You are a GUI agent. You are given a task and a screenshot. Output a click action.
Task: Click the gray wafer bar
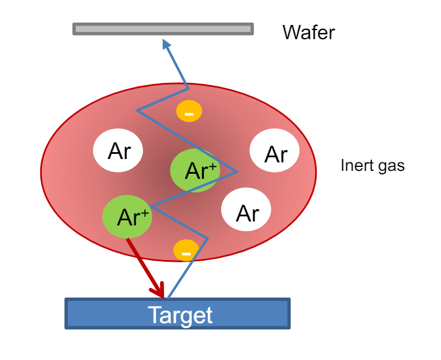click(163, 28)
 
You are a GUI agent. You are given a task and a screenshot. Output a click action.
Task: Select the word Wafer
click(309, 32)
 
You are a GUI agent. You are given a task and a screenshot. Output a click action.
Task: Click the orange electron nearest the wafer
click(189, 112)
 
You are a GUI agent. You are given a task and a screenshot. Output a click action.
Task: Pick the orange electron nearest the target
click(186, 250)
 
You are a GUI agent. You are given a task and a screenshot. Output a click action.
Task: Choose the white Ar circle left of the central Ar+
click(119, 151)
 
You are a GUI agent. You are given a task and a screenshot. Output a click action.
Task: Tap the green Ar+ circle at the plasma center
click(195, 170)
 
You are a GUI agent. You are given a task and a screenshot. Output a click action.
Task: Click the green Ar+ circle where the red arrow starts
click(127, 216)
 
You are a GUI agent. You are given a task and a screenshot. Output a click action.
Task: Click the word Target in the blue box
click(180, 315)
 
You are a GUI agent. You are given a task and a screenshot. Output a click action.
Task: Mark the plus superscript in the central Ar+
click(213, 165)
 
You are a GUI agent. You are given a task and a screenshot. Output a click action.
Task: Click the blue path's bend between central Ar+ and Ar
click(237, 172)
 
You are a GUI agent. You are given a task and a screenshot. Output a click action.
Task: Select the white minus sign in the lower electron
click(186, 250)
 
